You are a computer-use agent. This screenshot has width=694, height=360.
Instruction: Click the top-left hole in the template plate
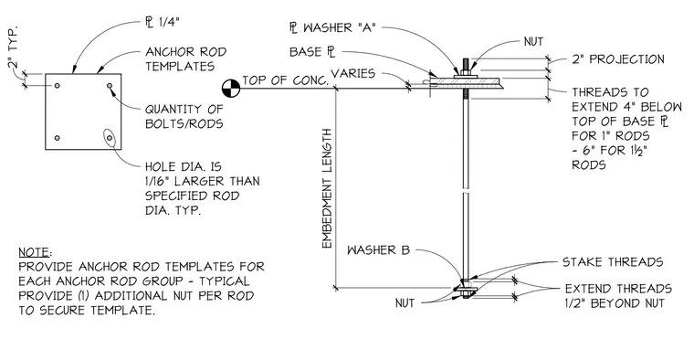pos(58,85)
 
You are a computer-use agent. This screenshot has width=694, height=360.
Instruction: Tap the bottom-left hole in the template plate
pos(58,138)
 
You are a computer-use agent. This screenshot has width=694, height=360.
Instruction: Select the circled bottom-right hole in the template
pos(110,138)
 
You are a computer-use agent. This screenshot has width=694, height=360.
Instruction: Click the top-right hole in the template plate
pos(110,85)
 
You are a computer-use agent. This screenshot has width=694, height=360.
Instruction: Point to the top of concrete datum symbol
pos(231,88)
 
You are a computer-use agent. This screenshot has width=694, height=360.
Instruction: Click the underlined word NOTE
pos(34,252)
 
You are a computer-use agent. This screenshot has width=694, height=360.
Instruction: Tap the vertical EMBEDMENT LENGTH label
pos(327,188)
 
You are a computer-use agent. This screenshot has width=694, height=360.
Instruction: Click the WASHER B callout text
pos(378,250)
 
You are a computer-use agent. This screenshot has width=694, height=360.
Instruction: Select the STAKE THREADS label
pos(613,262)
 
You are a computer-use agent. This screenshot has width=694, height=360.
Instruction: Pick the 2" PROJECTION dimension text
pos(618,59)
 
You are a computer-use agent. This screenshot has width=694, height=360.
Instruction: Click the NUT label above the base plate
pos(533,42)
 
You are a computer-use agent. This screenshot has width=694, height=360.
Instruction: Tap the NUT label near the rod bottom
pos(405,303)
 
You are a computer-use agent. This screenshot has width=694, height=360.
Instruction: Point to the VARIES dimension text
pos(352,73)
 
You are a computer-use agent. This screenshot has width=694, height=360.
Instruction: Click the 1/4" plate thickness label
pos(163,23)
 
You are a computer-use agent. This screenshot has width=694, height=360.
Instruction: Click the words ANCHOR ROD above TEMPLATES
pos(186,52)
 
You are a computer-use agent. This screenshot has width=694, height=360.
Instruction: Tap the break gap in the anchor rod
pos(466,193)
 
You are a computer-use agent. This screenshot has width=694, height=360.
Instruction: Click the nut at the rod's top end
pos(466,72)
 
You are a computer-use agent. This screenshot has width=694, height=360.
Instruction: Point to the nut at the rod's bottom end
pos(466,293)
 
